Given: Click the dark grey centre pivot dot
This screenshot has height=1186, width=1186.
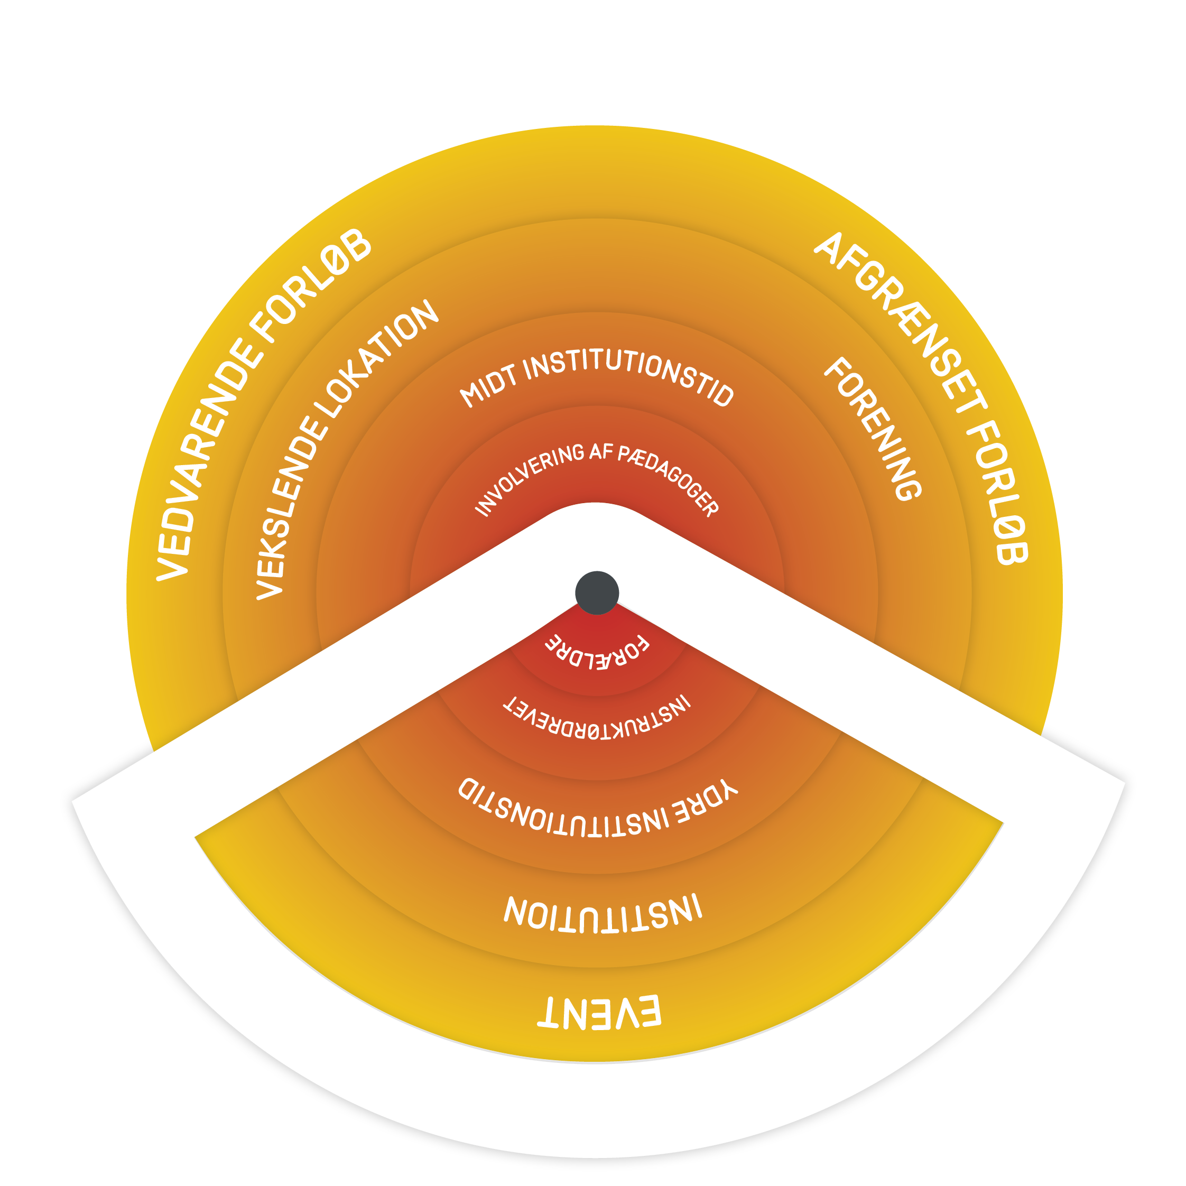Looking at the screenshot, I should (597, 592).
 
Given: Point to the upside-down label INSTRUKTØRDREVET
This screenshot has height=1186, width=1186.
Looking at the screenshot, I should (597, 719).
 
